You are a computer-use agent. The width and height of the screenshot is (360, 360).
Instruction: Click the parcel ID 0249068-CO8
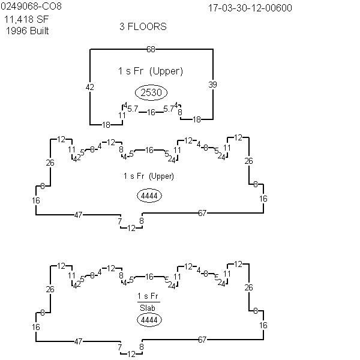(x=31, y=6)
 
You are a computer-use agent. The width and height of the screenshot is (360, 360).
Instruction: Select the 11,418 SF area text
(x=26, y=20)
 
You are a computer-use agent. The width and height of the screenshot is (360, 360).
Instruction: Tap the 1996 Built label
(x=28, y=31)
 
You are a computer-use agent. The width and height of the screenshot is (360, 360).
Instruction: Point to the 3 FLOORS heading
(x=143, y=26)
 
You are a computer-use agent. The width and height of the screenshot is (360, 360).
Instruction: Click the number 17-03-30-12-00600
(x=250, y=8)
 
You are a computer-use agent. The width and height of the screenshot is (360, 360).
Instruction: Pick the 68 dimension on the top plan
(x=151, y=49)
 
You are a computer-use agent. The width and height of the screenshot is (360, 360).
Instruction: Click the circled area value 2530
(x=151, y=92)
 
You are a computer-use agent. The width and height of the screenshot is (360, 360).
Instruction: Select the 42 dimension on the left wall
(x=90, y=87)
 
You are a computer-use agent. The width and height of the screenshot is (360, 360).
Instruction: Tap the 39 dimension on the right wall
(x=212, y=85)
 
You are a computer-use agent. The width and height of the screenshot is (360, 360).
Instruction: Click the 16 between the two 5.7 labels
(x=151, y=112)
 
